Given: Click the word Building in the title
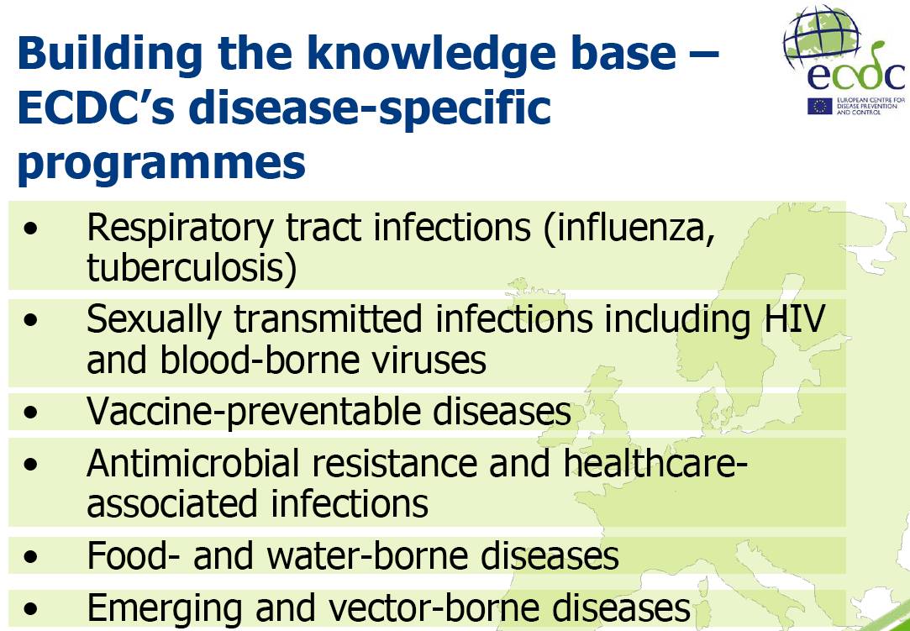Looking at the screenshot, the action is [x=110, y=54].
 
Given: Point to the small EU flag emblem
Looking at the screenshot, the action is [x=820, y=106].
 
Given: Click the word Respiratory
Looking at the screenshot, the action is [x=179, y=229].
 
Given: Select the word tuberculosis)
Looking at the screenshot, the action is [x=192, y=268].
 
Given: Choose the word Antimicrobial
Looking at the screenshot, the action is [x=196, y=462].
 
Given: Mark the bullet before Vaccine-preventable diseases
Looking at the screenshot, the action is [x=31, y=413].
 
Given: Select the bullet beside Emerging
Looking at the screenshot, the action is [x=31, y=609].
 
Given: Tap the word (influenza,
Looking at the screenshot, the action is [x=629, y=229].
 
